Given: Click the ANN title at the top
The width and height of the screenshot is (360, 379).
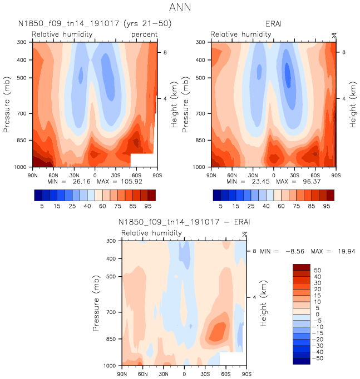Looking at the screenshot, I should click(x=180, y=8).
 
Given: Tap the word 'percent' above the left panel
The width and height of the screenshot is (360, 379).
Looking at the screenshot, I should click(x=144, y=34).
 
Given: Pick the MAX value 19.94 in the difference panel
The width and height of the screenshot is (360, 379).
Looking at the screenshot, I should click(x=341, y=252).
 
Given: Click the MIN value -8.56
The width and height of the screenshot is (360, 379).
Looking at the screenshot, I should click(x=294, y=252).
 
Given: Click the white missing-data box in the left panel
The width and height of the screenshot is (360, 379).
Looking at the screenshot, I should click(x=141, y=160).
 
